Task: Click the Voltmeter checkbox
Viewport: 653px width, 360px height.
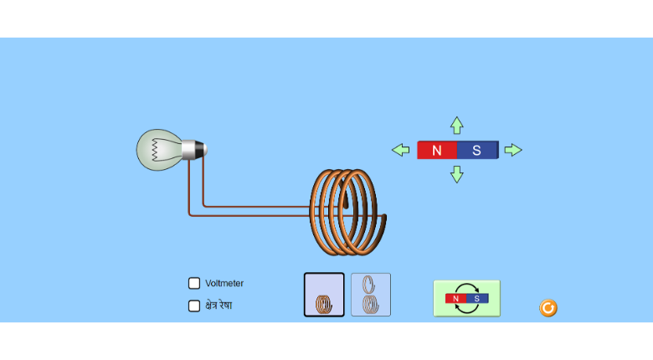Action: coord(194,283)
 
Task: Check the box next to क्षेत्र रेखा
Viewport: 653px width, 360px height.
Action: coord(194,306)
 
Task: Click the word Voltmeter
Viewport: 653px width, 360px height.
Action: coord(224,283)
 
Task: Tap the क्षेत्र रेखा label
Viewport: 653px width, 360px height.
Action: coord(219,306)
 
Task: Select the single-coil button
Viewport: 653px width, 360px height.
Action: coord(324,295)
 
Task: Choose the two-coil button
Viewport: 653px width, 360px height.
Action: coord(371,295)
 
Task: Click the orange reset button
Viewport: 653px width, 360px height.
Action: coord(548,308)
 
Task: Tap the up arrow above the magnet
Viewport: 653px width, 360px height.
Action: coord(456,125)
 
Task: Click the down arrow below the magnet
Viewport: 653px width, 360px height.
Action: coord(456,174)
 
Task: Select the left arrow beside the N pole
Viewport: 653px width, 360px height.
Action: coord(401,150)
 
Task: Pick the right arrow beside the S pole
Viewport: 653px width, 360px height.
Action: coord(513,150)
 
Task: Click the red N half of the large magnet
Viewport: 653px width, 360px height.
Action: coord(437,150)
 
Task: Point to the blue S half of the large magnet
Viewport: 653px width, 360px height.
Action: coord(477,150)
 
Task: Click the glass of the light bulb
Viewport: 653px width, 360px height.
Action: coord(155,149)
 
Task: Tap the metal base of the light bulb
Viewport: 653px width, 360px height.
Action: coord(193,149)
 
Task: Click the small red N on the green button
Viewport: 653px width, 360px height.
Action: coord(455,298)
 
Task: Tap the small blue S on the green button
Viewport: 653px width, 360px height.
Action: coord(477,298)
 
